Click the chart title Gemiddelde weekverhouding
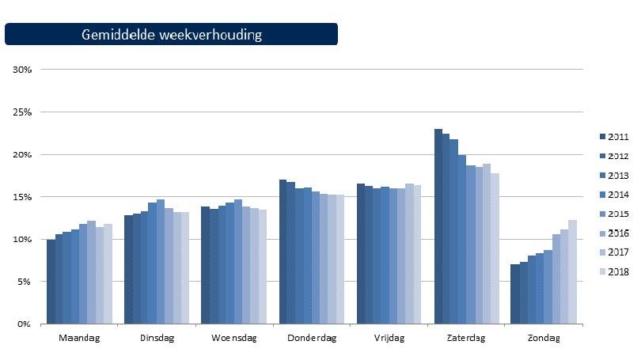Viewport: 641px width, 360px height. [171, 35]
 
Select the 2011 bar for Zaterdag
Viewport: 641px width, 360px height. [438, 226]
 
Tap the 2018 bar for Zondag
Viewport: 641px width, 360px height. [573, 271]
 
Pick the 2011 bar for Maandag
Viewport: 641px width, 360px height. [51, 281]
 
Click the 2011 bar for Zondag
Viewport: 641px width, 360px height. [515, 294]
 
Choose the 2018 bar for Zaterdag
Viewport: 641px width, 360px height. [496, 248]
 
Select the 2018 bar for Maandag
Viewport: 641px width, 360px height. [108, 273]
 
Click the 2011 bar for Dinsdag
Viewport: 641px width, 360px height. [128, 269]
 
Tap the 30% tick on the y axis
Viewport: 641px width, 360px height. [22, 70]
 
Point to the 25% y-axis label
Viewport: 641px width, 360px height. [22, 112]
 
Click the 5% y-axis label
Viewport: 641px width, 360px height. [24, 282]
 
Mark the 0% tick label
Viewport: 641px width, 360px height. [24, 324]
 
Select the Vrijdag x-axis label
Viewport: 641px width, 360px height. [389, 339]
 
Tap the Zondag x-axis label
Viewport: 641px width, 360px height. [544, 339]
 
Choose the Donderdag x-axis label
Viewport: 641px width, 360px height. [312, 339]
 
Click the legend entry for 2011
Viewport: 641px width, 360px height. [612, 137]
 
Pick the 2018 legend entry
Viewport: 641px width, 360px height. [612, 271]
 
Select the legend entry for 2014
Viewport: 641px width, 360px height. [612, 195]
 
